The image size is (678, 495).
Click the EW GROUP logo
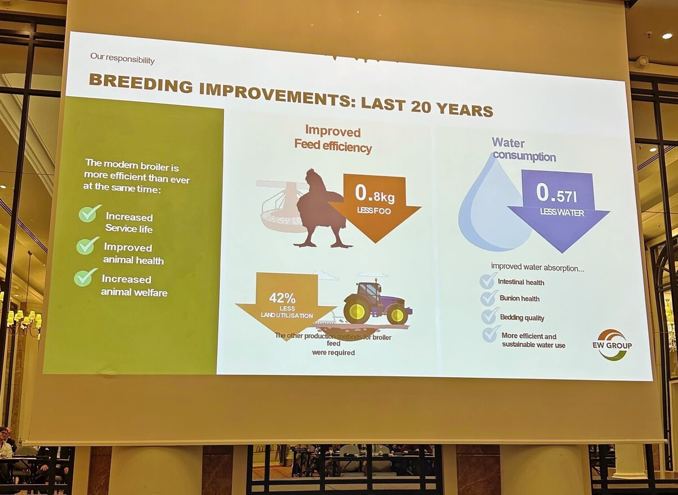click(612, 345)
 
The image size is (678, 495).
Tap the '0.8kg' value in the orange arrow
click(375, 194)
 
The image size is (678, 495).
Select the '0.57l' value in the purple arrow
click(557, 193)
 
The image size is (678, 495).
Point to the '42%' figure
click(282, 298)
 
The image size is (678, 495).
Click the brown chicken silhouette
click(321, 209)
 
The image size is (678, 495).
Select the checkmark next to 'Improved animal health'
click(88, 246)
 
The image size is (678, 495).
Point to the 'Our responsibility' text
click(122, 58)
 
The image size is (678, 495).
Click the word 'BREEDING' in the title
click(141, 83)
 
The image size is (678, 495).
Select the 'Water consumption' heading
click(524, 150)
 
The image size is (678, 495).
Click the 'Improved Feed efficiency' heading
click(333, 139)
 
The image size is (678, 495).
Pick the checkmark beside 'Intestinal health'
click(488, 281)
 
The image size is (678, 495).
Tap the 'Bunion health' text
click(519, 298)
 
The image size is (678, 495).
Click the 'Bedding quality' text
click(522, 317)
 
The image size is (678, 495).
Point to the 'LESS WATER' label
click(562, 213)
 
